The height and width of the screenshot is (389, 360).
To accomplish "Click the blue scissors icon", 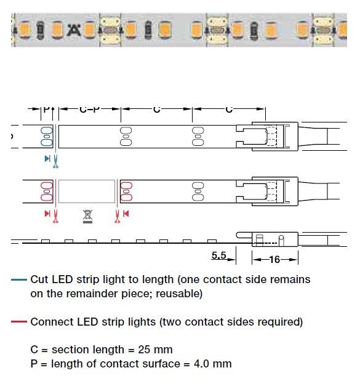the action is tap(55, 161).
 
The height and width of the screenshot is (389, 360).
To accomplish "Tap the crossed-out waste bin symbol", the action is tap(87, 216).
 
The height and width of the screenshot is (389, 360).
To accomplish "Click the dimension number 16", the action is tap(274, 260).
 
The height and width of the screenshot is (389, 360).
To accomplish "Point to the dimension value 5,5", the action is tap(219, 255).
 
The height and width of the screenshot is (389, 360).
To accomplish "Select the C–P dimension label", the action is tap(90, 109).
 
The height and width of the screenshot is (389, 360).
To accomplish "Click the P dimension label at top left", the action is tap(46, 109).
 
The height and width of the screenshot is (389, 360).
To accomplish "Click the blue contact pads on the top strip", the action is tap(47, 137).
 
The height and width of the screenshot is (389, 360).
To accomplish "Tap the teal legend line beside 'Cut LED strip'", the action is tap(19, 279).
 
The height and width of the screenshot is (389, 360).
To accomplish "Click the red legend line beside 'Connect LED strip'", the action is tap(19, 322).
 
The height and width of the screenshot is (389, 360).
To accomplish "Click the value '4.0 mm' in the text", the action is tap(213, 364).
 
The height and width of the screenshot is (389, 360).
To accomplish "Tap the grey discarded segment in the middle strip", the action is tap(87, 191).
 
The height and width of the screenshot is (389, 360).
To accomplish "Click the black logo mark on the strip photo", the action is tap(74, 30).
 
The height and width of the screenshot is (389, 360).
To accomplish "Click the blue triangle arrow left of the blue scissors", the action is tap(47, 159).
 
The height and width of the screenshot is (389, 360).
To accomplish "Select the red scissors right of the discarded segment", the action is tap(117, 216).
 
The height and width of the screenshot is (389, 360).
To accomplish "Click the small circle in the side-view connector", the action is tap(281, 238).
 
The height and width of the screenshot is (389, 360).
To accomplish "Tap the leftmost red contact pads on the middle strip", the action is tap(47, 191).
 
